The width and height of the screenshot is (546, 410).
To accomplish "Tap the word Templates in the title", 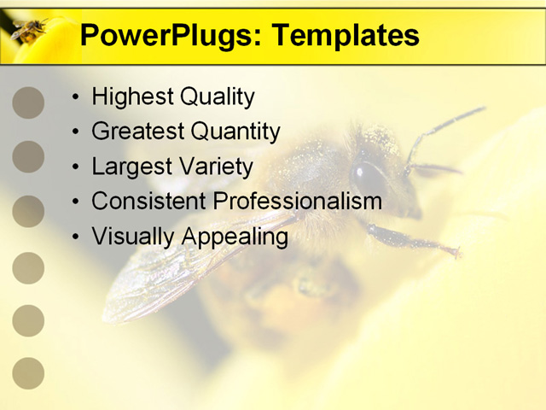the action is coord(346,36).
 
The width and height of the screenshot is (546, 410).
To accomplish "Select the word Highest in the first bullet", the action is coord(133,97).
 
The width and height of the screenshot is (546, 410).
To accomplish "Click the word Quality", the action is coord(218,97).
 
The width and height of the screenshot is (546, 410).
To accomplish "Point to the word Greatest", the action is coord(138,131).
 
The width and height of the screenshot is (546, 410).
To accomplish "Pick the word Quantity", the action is coord(235,132).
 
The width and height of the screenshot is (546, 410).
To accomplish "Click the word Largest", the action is coord(133,167).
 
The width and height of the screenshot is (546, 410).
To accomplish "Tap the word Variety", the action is coord(217,167).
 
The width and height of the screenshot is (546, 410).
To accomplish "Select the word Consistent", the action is coord(148,202).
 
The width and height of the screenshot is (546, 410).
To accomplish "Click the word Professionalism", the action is coord(298,202).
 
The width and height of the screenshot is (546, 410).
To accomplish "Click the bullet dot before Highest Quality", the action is coord(76,97).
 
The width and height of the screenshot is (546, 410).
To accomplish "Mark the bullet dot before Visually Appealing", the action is coord(76,237).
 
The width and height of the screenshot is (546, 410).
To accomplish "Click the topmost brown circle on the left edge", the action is coord(28,102).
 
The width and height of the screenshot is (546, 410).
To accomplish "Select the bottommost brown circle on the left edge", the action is coord(28,373).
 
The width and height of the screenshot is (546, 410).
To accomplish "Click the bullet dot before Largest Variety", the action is coord(76,167).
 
